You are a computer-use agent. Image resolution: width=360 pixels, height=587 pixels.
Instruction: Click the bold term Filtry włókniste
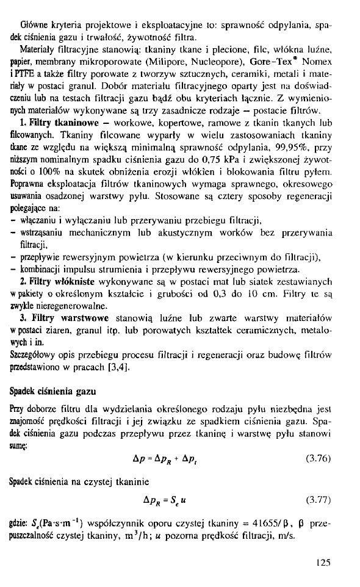pos(60,282)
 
